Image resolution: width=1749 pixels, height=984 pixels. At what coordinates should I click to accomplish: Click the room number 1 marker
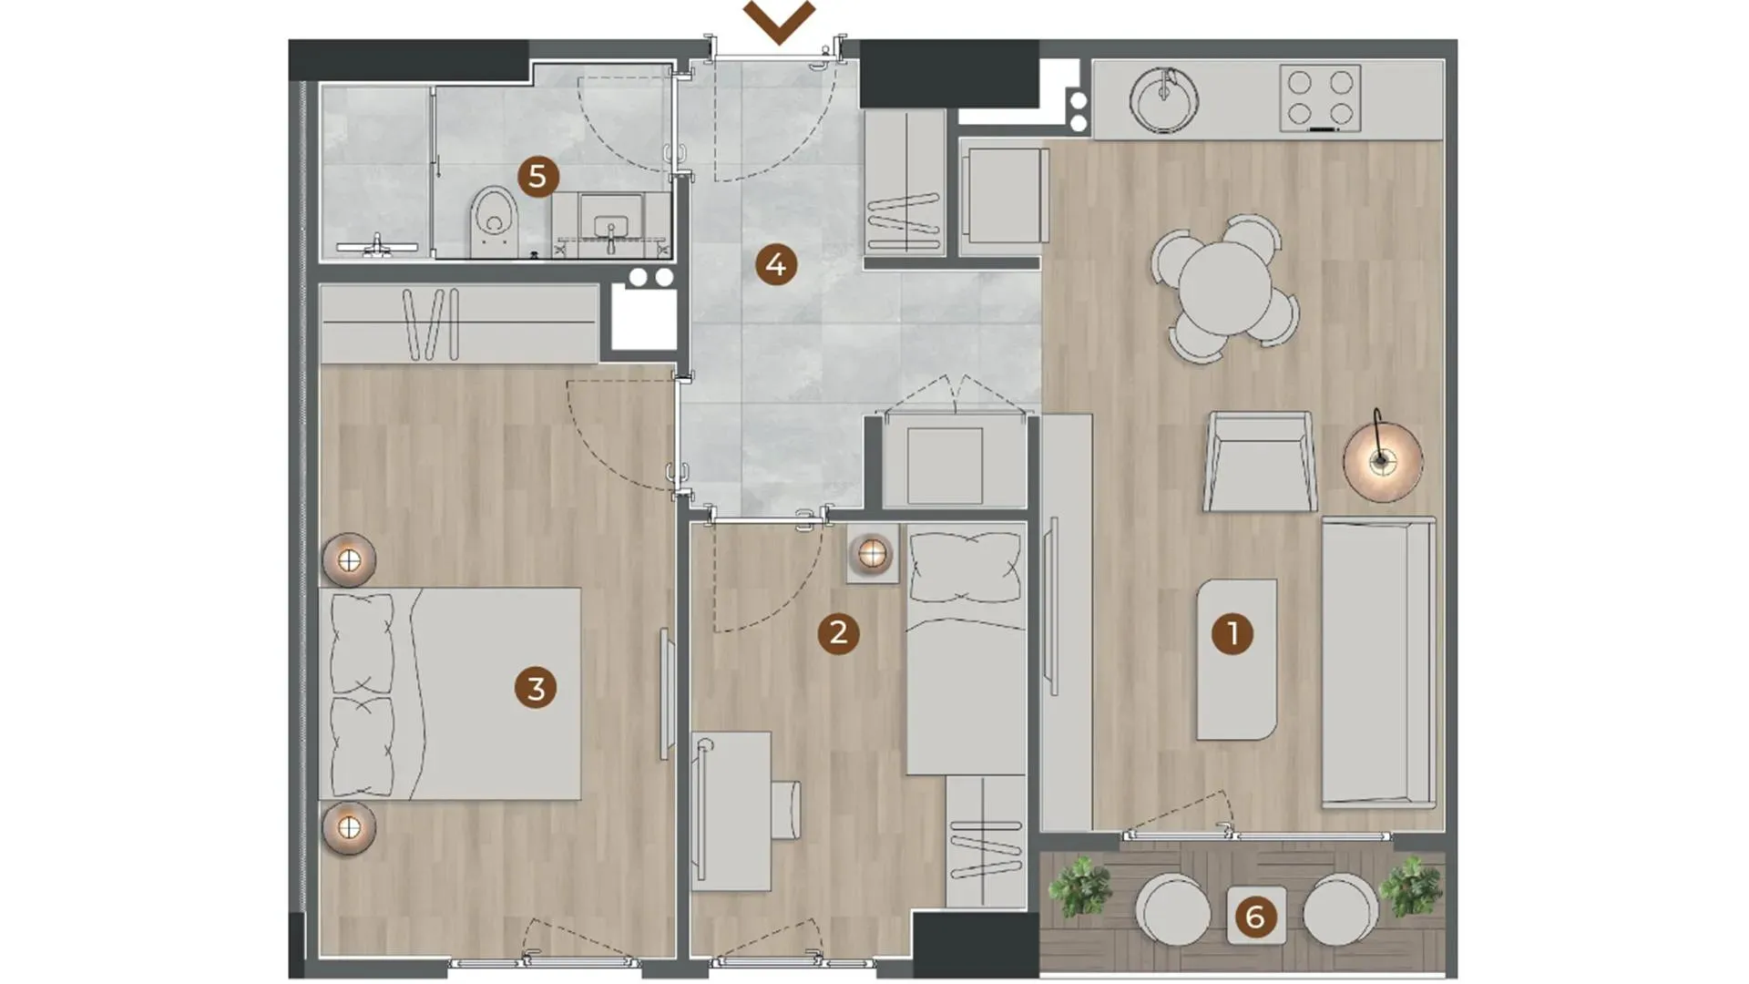1232,633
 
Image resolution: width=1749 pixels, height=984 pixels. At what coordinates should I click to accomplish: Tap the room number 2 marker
838,632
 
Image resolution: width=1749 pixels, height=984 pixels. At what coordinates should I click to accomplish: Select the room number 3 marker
536,688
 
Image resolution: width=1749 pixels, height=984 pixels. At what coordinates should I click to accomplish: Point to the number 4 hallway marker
775,265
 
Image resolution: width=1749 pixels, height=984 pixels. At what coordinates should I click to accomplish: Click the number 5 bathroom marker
537,176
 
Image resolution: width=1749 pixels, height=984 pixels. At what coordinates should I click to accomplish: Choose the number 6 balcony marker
1255,917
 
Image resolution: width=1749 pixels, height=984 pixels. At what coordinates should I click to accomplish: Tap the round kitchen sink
1163,99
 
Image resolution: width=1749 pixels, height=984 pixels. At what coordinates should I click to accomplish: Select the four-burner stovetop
1320,98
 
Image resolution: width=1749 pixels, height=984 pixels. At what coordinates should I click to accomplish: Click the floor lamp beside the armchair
1382,460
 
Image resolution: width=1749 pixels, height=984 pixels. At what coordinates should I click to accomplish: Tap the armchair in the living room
1260,461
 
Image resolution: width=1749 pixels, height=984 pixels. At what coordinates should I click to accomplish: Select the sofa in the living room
1378,662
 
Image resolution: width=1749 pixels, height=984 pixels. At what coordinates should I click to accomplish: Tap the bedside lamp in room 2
872,553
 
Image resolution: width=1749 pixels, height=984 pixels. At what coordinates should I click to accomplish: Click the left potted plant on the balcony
1080,887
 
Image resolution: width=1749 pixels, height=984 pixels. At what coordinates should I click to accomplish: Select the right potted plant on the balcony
1410,887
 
